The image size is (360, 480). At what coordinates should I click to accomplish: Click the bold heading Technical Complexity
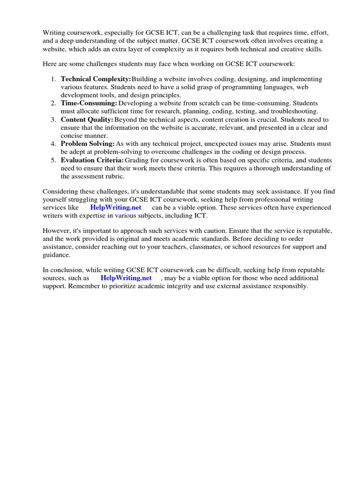point(96,79)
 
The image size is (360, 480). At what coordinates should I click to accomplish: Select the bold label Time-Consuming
point(89,103)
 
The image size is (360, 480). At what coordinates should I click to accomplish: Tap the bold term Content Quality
point(87,120)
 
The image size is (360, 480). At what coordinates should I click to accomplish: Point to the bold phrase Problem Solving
point(87,143)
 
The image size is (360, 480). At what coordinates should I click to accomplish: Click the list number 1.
point(53,79)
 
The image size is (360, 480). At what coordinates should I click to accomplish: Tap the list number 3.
point(53,120)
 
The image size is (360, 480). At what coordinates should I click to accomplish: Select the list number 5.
point(53,160)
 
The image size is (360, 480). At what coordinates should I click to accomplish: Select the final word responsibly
point(290,286)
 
